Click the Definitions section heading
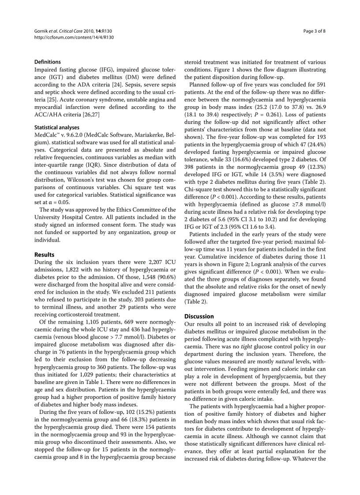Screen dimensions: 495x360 tap(48, 62)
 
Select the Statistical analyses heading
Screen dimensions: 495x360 tap(57, 127)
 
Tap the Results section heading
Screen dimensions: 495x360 tap(45, 255)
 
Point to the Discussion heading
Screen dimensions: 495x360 tap(199, 316)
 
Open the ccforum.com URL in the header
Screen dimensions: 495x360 tap(74, 37)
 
